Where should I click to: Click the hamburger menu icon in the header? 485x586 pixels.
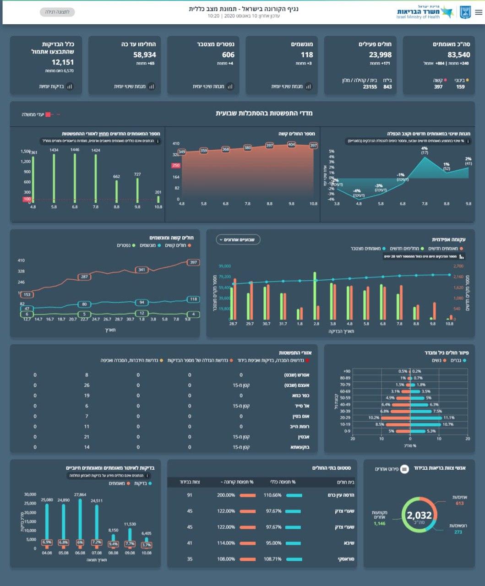[479, 12]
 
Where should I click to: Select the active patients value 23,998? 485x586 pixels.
[380, 55]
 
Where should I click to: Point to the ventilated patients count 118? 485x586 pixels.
[307, 55]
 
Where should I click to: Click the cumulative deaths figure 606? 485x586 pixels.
[228, 55]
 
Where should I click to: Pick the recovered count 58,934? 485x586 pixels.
[145, 55]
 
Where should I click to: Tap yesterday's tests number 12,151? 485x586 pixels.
[63, 62]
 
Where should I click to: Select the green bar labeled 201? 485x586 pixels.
[158, 199]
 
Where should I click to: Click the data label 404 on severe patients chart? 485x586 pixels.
[292, 145]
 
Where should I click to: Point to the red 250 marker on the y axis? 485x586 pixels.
[176, 165]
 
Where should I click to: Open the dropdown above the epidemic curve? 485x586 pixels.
[238, 239]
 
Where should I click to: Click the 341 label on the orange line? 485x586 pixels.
[142, 270]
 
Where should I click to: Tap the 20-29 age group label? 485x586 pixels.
[345, 418]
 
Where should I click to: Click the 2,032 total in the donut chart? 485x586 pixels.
[419, 516]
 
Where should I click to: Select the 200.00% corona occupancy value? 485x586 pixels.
[226, 495]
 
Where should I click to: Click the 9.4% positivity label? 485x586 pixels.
[113, 544]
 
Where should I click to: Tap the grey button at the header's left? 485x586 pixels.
[57, 12]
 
